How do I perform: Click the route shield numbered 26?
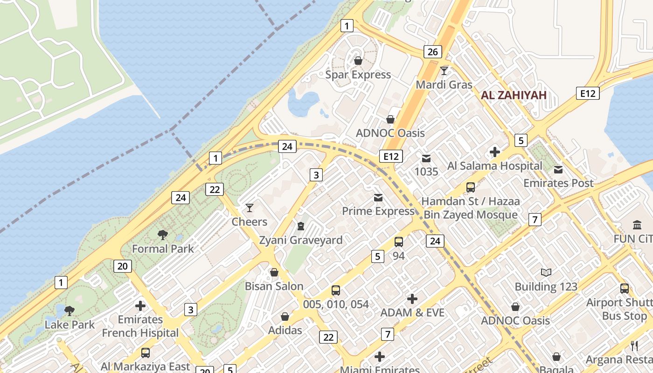coord(432,52)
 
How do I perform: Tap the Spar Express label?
coord(358,75)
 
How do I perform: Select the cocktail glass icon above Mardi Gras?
coord(444,71)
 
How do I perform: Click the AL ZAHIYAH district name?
coord(513,96)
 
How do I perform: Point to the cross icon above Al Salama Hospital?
coord(495,152)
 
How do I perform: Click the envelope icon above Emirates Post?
coord(558,169)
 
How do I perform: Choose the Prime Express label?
coord(378,211)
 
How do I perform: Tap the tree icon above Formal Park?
coord(162,235)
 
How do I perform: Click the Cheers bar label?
coord(250,221)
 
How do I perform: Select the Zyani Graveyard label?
coord(301,240)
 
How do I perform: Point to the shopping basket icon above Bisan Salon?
coord(274,272)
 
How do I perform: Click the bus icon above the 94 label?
coord(399,242)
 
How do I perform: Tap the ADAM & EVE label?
coord(412,312)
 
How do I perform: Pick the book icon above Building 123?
coord(546,272)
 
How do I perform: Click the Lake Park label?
coord(69,325)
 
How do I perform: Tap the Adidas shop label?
coord(285,330)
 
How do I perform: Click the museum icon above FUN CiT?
coord(637,225)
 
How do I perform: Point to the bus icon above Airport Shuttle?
coord(625,289)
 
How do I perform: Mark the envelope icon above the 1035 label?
coord(426,158)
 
